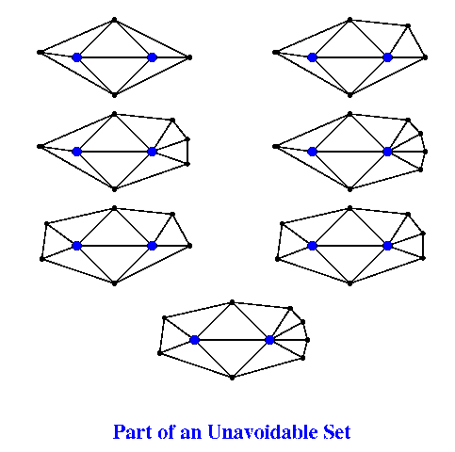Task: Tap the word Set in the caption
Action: pyautogui.click(x=337, y=432)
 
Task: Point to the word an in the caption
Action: pyautogui.click(x=190, y=434)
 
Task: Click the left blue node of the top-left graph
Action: pyautogui.click(x=76, y=57)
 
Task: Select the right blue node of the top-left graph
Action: pyautogui.click(x=152, y=57)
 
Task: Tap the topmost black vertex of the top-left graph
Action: pyautogui.click(x=114, y=20)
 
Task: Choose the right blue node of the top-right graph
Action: pyautogui.click(x=387, y=57)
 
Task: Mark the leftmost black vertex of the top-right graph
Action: pyautogui.click(x=276, y=52)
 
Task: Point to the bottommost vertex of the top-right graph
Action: pyautogui.click(x=349, y=95)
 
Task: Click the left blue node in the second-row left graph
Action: pyautogui.click(x=76, y=152)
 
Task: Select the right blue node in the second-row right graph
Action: pyautogui.click(x=387, y=152)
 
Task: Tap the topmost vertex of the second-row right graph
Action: pyautogui.click(x=349, y=114)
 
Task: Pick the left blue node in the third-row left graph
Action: pyautogui.click(x=76, y=246)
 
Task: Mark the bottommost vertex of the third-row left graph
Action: pyautogui.click(x=114, y=283)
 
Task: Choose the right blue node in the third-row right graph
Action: pyautogui.click(x=387, y=246)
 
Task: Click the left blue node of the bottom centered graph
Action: pyautogui.click(x=194, y=340)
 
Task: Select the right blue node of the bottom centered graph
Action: pyautogui.click(x=269, y=340)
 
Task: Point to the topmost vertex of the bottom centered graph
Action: pyautogui.click(x=232, y=302)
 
